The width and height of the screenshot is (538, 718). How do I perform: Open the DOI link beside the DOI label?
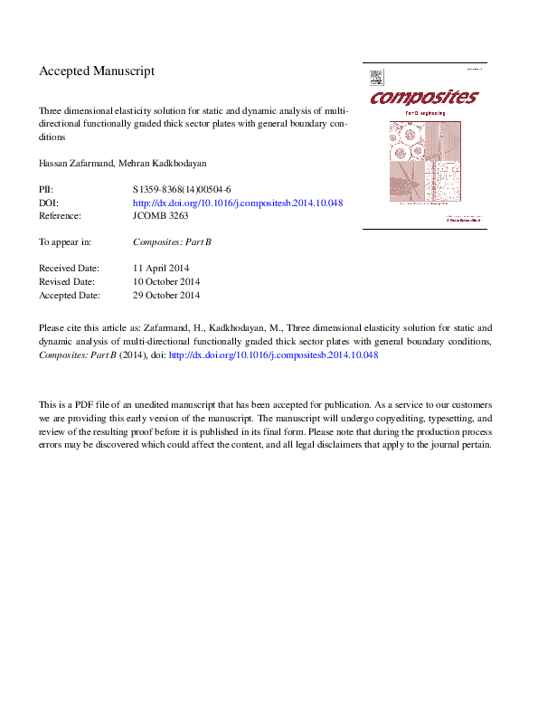237,203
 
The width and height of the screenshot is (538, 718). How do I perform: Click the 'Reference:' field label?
60,216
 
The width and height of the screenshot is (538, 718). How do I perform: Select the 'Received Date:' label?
69,269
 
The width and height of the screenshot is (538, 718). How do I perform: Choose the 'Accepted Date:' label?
70,295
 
